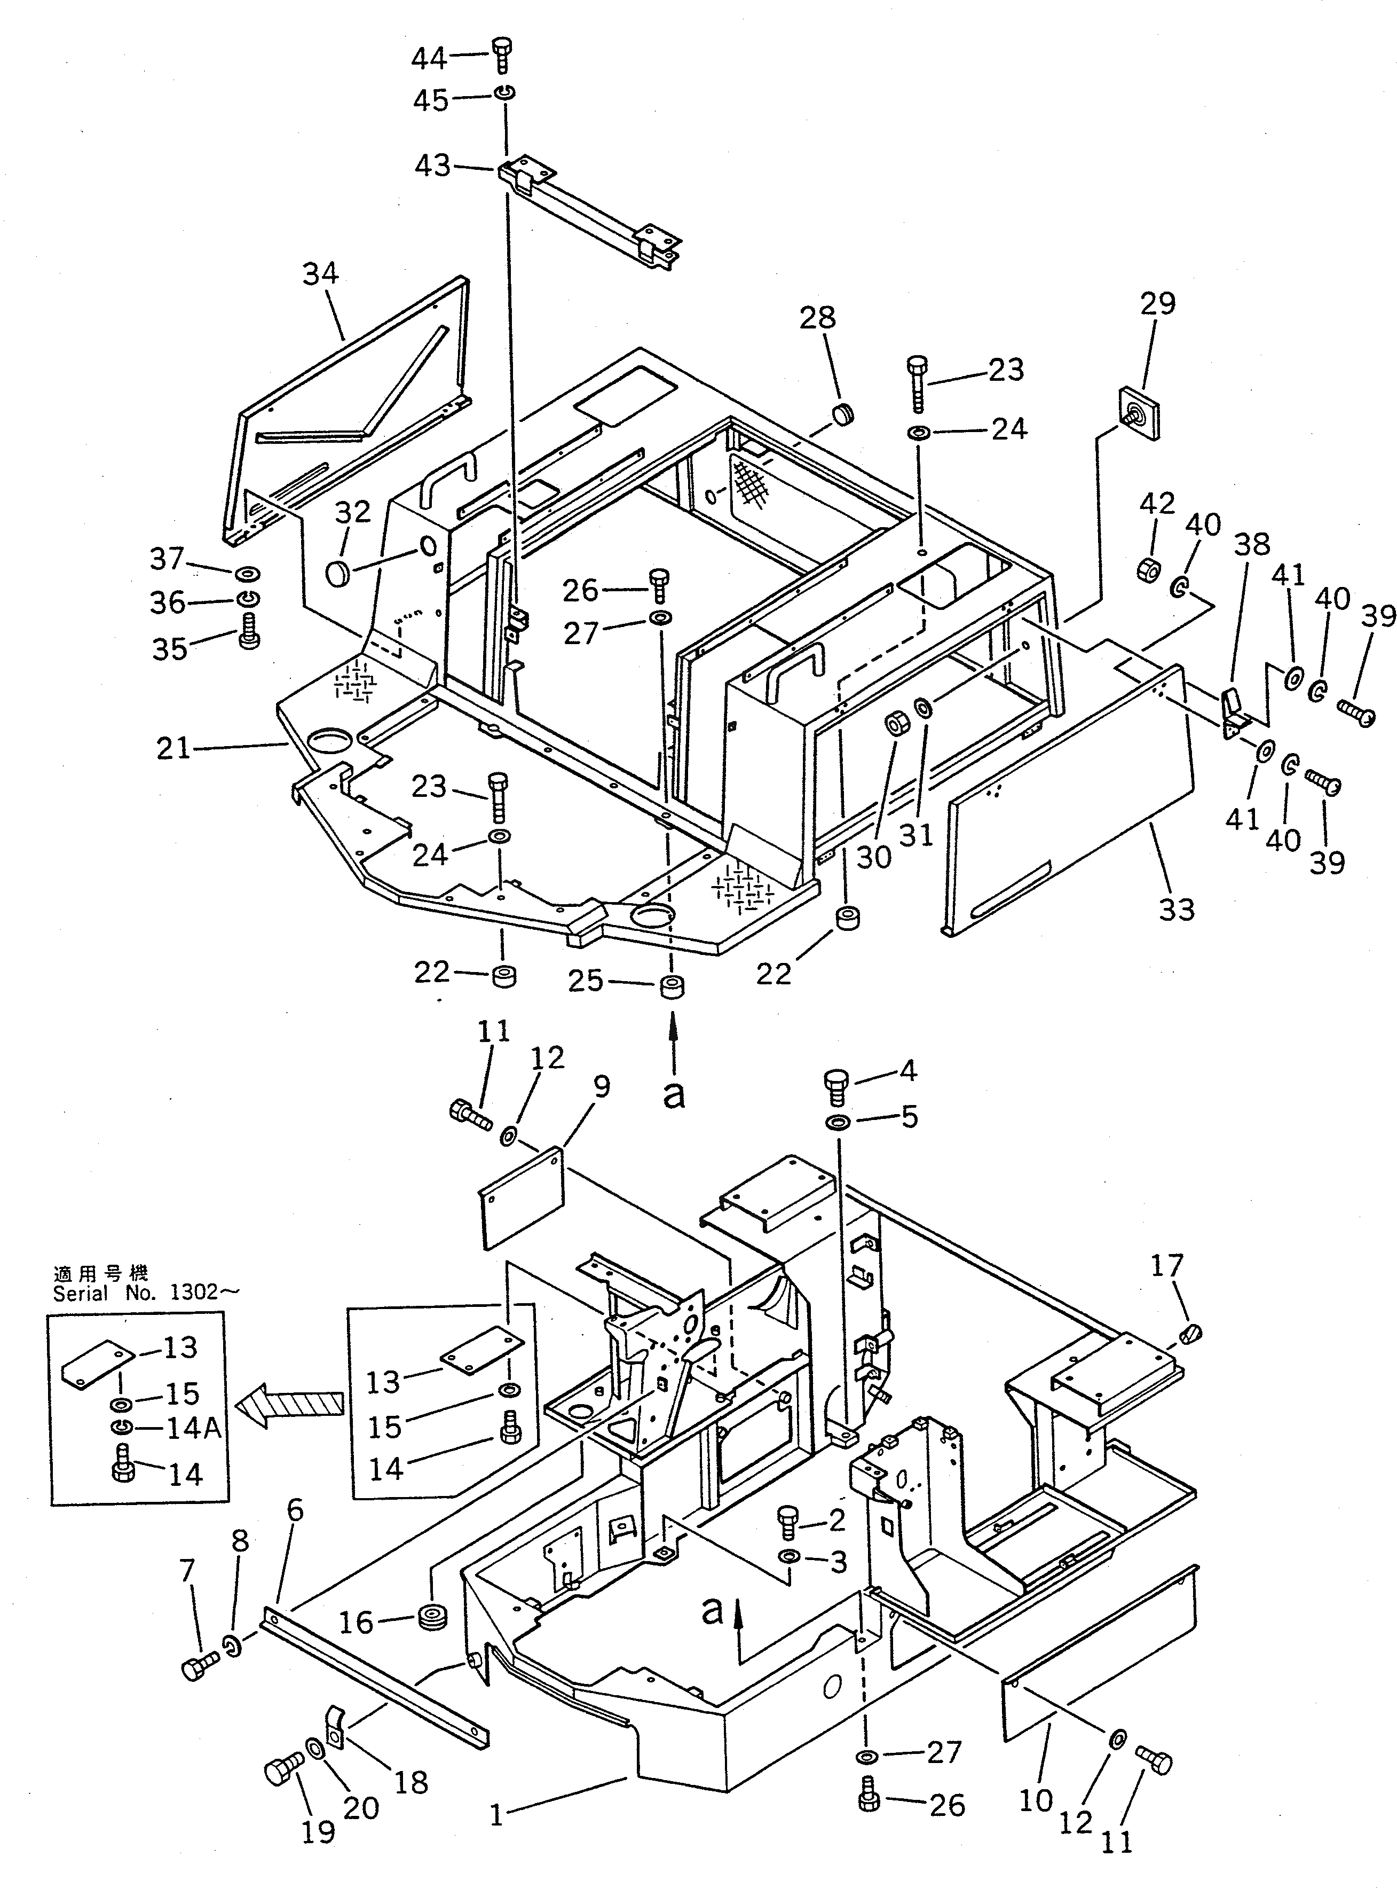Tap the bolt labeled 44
click(501, 57)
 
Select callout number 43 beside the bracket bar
click(432, 165)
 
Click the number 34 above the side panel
click(320, 273)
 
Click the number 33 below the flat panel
click(1177, 910)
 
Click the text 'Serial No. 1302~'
click(135, 1292)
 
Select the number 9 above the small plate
click(601, 1087)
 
